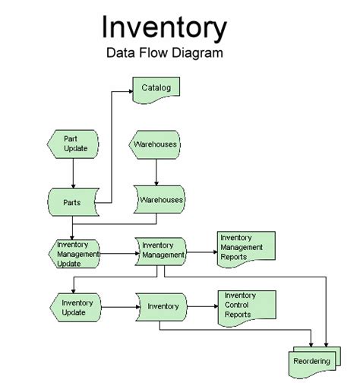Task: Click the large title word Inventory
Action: pyautogui.click(x=164, y=29)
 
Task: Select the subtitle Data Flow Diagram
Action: pyautogui.click(x=164, y=55)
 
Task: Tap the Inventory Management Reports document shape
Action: pyautogui.click(x=243, y=248)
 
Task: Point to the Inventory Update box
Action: pyautogui.click(x=74, y=307)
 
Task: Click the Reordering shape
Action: pyautogui.click(x=312, y=361)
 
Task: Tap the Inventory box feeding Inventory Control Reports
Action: pyautogui.click(x=162, y=307)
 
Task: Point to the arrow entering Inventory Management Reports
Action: pyautogui.click(x=201, y=252)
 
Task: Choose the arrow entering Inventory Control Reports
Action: pyautogui.click(x=201, y=307)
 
